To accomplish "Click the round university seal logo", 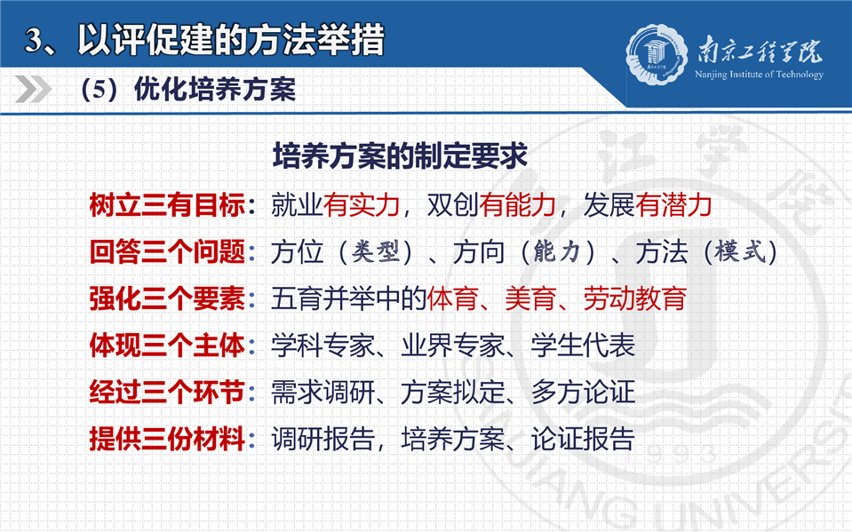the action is (x=657, y=54).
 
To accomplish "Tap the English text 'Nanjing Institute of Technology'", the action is (x=759, y=75).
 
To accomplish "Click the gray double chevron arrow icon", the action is (x=33, y=89).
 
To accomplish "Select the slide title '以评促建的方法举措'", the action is (x=231, y=39).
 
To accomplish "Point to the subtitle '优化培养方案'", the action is (x=215, y=89).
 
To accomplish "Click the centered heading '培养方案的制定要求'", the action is (x=400, y=156).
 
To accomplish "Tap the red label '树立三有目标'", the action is (x=167, y=205).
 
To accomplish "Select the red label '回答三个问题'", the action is (x=167, y=252).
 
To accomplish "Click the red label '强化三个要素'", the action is (x=167, y=299).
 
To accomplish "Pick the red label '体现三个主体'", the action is (x=167, y=345).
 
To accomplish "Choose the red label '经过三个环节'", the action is (x=167, y=393).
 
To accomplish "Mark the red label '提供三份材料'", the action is (x=167, y=439).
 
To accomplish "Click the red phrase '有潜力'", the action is (x=673, y=205).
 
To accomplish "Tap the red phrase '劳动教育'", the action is (x=635, y=299).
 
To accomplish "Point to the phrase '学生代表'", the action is (x=583, y=345).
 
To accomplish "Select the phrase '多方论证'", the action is (x=583, y=393).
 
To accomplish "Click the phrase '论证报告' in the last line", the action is (x=583, y=439).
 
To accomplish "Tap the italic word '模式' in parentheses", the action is (x=740, y=252).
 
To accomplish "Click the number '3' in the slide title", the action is (x=34, y=40).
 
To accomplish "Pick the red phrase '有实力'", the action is (x=362, y=205).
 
